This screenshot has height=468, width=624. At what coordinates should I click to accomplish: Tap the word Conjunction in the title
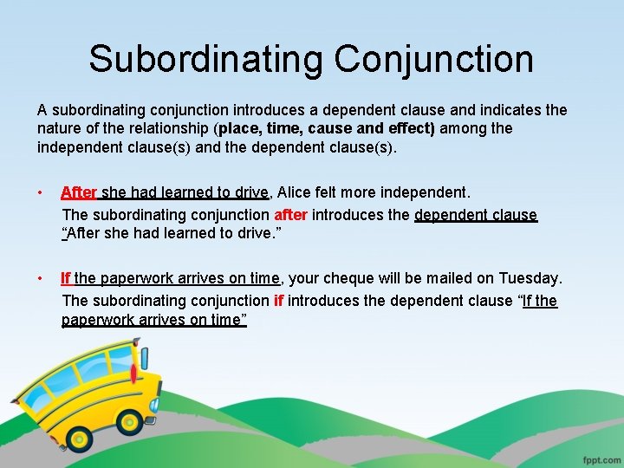[x=433, y=60]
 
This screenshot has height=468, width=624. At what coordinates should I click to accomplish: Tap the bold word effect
[x=407, y=128]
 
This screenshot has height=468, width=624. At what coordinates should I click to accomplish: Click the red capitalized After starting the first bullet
[x=79, y=192]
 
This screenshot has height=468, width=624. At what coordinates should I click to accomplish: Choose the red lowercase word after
[x=291, y=214]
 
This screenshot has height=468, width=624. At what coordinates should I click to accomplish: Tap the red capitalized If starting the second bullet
[x=66, y=278]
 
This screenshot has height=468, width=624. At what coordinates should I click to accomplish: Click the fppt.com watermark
[x=599, y=457]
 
